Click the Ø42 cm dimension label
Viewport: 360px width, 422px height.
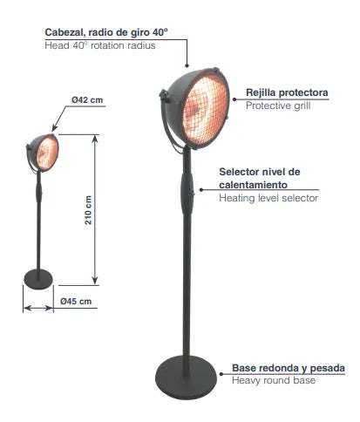[x=87, y=100]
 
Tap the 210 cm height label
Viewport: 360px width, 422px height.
[x=88, y=210]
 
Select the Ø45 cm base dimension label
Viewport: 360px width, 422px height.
[x=76, y=302]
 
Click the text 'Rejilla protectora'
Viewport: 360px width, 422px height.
[x=287, y=92]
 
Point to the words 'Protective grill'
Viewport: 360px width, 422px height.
[x=278, y=105]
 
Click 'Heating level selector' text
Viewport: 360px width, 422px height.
[x=268, y=198]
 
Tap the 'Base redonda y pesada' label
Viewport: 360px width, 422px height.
[x=289, y=368]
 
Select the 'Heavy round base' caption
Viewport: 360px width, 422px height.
[x=274, y=380]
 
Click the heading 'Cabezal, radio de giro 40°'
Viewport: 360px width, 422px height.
[x=106, y=32]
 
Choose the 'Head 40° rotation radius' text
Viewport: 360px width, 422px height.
[x=100, y=45]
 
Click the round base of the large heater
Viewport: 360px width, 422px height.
[x=186, y=378]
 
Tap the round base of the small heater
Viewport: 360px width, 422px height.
[x=38, y=279]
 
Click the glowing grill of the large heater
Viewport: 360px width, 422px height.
[x=205, y=109]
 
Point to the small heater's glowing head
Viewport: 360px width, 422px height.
[x=47, y=153]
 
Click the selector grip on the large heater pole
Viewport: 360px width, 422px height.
[x=187, y=193]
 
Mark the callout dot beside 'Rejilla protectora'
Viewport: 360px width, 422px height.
[x=234, y=99]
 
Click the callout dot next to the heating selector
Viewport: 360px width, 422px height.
[x=201, y=190]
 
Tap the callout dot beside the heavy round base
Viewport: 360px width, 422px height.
[x=221, y=374]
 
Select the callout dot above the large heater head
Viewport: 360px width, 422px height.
[x=187, y=65]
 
